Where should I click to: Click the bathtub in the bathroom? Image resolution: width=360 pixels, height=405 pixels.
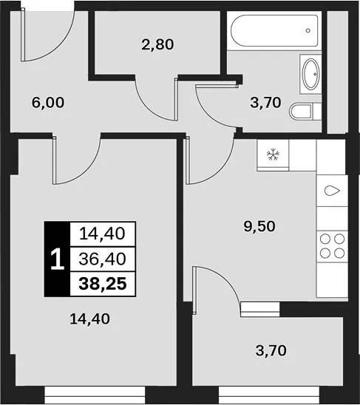click(274, 31)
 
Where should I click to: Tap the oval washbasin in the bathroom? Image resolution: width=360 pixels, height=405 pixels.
click(310, 74)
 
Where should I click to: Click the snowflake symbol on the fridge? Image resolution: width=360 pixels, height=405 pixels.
click(273, 154)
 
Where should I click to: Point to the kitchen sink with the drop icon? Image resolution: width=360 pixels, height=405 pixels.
click(332, 191)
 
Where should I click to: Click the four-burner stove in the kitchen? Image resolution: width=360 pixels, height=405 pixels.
click(332, 246)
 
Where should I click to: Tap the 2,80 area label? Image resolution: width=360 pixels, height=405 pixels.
click(157, 44)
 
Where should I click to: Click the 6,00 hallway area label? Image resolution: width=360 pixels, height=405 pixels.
click(48, 103)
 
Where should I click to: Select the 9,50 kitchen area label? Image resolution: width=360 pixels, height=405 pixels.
click(259, 227)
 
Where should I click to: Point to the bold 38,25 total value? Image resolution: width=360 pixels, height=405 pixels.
click(103, 284)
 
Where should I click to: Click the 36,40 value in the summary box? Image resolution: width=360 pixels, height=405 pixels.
click(102, 259)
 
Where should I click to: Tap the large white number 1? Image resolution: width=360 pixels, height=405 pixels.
click(57, 259)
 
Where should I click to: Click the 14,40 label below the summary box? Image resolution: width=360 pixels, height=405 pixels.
click(89, 319)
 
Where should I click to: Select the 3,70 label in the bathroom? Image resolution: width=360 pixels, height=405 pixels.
click(265, 103)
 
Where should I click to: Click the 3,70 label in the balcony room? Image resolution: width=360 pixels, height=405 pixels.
click(271, 351)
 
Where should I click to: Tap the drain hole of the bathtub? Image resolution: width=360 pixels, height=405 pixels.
click(308, 30)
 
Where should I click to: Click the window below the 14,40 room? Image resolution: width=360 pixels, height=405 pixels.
click(95, 395)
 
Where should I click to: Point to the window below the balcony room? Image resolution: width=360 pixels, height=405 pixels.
click(269, 395)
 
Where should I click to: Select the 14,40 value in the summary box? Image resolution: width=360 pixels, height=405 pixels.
click(102, 234)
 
